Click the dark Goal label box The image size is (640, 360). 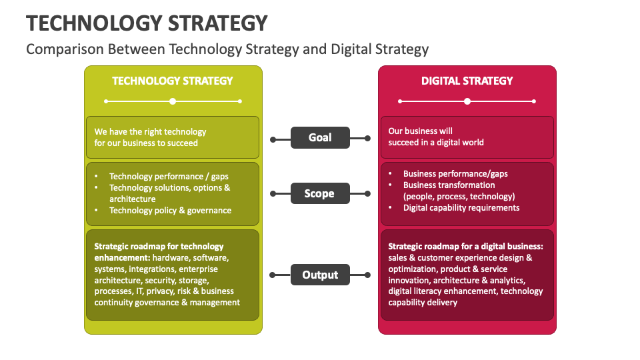click(320, 138)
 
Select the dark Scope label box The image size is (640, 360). click(320, 193)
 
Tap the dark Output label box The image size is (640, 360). click(320, 275)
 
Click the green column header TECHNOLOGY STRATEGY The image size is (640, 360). click(173, 81)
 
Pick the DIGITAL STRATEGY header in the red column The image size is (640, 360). click(467, 81)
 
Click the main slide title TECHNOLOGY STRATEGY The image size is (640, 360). click(147, 23)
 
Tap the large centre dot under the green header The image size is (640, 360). click(173, 101)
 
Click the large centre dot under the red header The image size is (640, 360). click(467, 101)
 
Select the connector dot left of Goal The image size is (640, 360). click(273, 139)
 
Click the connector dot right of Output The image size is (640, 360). click(368, 275)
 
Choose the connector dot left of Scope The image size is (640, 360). click(273, 193)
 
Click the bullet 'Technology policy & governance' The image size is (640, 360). click(170, 211)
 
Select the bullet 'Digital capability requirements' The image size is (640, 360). click(461, 208)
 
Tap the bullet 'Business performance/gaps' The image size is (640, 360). click(455, 174)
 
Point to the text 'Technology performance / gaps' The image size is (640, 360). click(169, 177)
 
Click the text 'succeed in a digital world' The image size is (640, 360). click(436, 142)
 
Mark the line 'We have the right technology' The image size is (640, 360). click(150, 131)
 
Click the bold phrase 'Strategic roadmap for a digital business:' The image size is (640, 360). click(466, 247)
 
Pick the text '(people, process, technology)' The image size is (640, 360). click(459, 197)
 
